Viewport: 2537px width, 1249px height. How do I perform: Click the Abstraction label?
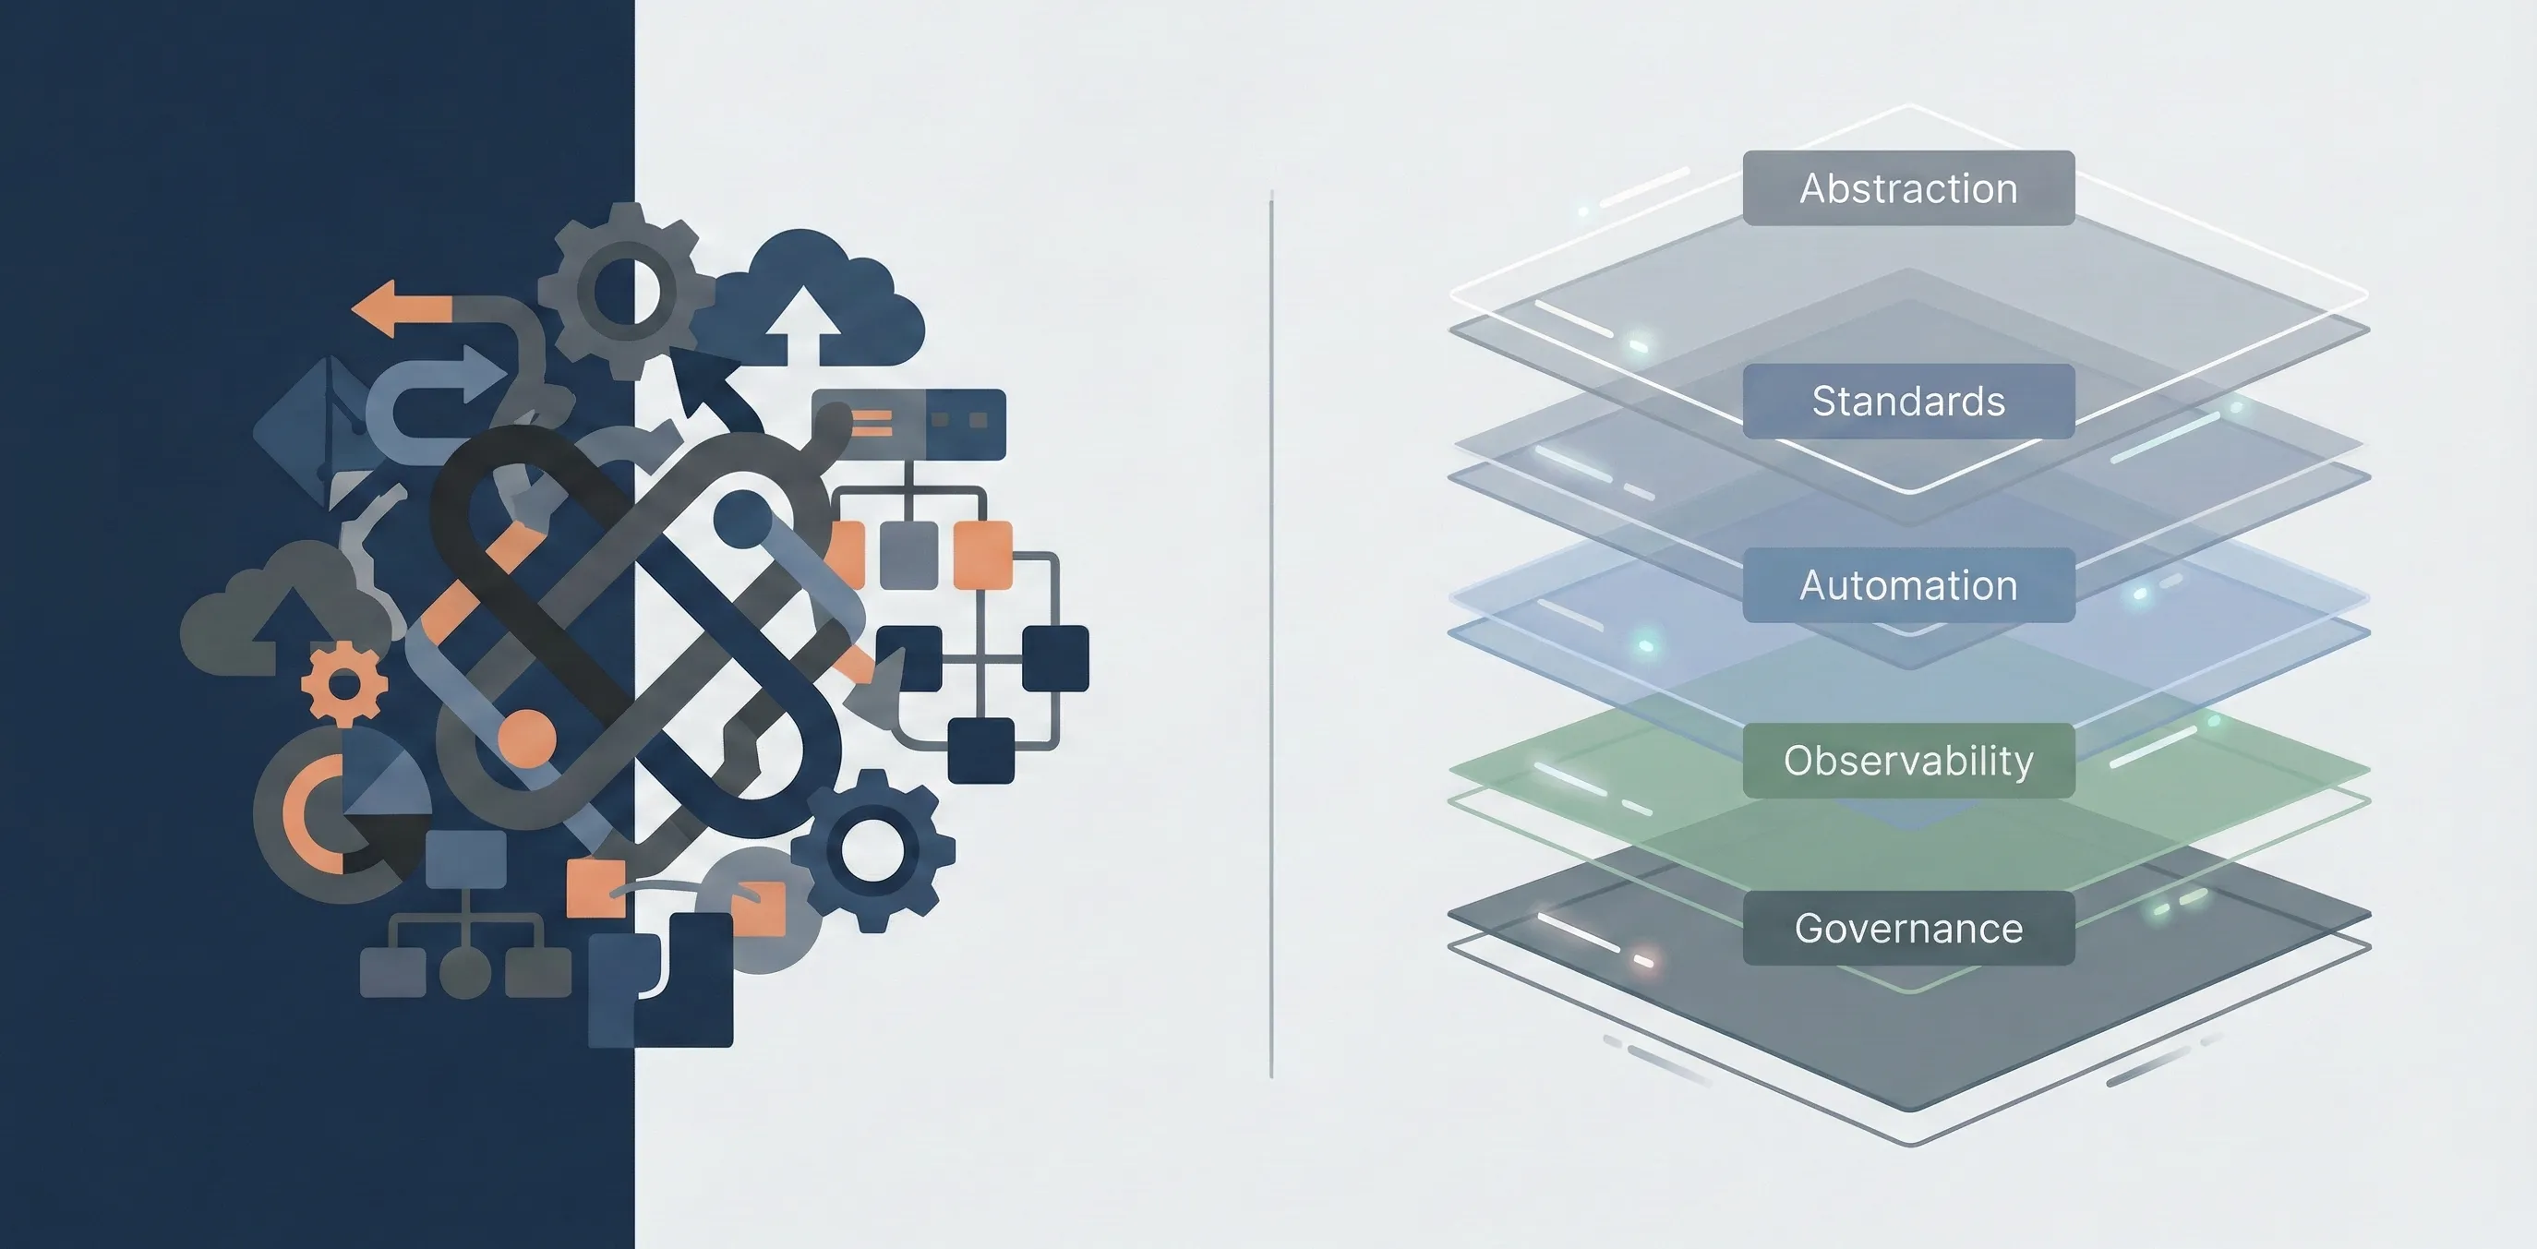(1907, 188)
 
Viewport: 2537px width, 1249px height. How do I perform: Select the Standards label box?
(1907, 401)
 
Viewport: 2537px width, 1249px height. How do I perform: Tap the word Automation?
(1907, 585)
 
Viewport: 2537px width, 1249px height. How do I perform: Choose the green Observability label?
(1907, 761)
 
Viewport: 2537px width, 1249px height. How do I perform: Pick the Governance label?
(1907, 928)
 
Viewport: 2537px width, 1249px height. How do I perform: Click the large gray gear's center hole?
(629, 291)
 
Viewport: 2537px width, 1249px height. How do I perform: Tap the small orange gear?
(343, 684)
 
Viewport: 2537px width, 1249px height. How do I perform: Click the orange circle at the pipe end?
(527, 738)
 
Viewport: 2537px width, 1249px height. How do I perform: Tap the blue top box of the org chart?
(467, 858)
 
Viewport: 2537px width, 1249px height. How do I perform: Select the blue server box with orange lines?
(908, 425)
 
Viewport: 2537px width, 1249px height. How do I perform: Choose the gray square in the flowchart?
(908, 555)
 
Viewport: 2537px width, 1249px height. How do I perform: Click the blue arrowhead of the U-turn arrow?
(486, 376)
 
